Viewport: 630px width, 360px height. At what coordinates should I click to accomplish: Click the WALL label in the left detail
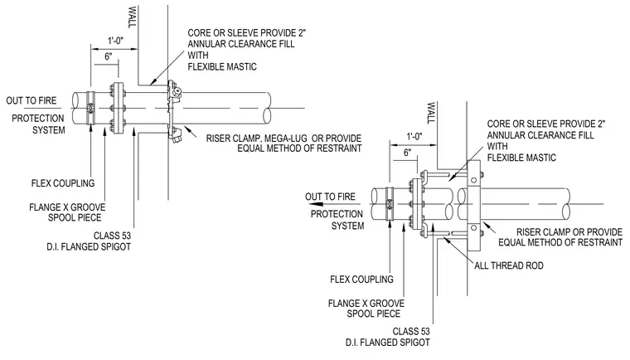132,17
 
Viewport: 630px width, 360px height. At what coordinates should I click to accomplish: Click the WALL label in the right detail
431,113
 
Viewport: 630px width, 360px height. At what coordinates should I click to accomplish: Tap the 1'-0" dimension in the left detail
116,41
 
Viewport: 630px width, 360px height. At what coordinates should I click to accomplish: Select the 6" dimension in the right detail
407,153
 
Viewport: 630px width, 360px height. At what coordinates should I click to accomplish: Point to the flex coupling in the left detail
91,108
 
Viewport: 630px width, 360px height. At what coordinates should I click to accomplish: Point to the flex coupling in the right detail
390,204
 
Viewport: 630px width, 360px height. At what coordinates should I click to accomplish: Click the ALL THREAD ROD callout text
509,265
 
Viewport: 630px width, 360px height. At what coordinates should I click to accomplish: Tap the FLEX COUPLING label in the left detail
63,183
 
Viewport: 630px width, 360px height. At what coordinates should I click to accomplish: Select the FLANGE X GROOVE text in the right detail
366,304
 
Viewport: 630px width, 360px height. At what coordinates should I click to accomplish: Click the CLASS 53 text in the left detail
112,236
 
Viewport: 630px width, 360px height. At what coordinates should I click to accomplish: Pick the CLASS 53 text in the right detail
411,332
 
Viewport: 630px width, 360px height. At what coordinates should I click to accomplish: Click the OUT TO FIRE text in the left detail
31,100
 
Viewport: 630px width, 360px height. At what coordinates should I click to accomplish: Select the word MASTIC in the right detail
538,158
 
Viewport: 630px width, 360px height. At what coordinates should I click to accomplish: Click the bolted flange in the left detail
118,108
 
